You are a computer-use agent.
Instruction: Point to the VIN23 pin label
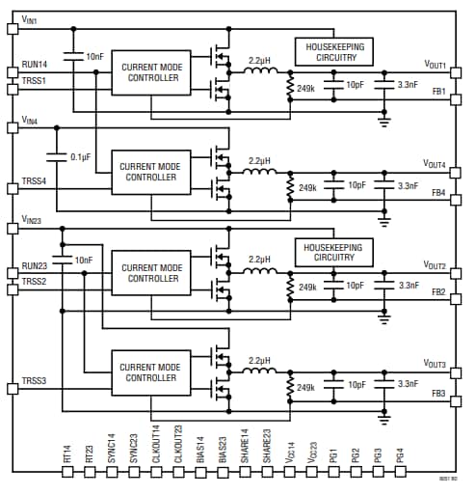[x=31, y=221]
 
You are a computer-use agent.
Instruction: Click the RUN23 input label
[x=34, y=266]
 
